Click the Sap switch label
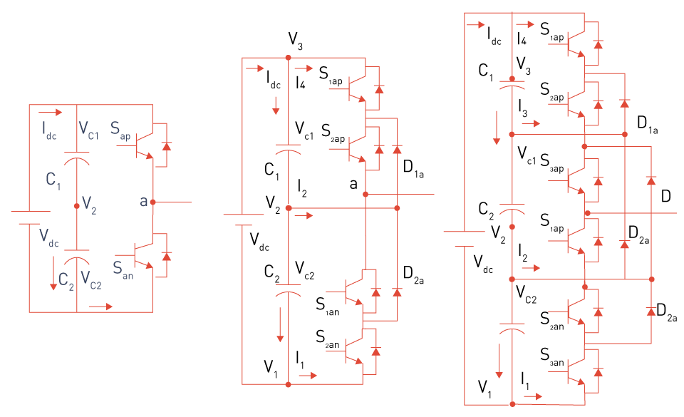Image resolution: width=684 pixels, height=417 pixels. coord(120,130)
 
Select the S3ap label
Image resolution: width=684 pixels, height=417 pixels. coord(551,163)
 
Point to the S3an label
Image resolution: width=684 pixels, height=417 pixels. coord(551,357)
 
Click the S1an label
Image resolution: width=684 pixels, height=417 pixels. coord(328,307)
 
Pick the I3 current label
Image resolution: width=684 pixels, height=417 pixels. coord(522,108)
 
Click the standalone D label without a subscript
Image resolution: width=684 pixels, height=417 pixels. coord(665,196)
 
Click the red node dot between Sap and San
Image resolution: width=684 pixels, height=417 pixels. coord(152,202)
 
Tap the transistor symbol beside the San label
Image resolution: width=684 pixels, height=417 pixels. coord(143,254)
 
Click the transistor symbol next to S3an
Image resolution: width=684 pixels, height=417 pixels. coord(576,371)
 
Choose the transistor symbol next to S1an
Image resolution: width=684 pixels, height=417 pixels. coord(354,292)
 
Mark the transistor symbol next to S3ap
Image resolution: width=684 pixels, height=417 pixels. coord(576,180)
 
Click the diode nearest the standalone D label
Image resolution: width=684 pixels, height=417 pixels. coord(651,180)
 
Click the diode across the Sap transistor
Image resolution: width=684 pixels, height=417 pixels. coord(166,146)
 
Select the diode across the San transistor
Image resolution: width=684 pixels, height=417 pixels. coord(166,257)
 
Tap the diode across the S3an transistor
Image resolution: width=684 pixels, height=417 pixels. coord(598,372)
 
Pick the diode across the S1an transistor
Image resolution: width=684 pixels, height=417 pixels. coord(376,292)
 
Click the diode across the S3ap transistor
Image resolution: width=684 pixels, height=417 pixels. coord(598,181)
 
